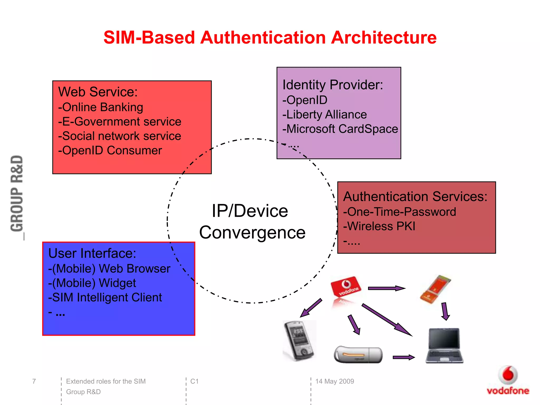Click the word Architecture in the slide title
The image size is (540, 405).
(384, 37)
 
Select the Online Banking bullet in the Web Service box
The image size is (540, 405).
(101, 107)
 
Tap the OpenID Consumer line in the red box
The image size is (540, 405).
(110, 151)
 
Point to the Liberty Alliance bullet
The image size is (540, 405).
(325, 115)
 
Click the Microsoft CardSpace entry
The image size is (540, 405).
(340, 129)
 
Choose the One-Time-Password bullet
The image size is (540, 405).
(400, 212)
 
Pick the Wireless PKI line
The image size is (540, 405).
(379, 226)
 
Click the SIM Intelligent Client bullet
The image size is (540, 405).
(105, 297)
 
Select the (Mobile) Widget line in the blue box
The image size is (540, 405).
(92, 283)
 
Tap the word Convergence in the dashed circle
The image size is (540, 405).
(252, 233)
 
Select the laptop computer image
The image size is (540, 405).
(445, 345)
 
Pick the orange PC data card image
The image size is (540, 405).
(435, 289)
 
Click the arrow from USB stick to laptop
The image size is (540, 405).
(403, 358)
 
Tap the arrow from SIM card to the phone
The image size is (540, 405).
(311, 308)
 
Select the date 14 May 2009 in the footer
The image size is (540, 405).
(335, 381)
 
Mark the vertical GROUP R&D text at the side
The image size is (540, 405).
(17, 194)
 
